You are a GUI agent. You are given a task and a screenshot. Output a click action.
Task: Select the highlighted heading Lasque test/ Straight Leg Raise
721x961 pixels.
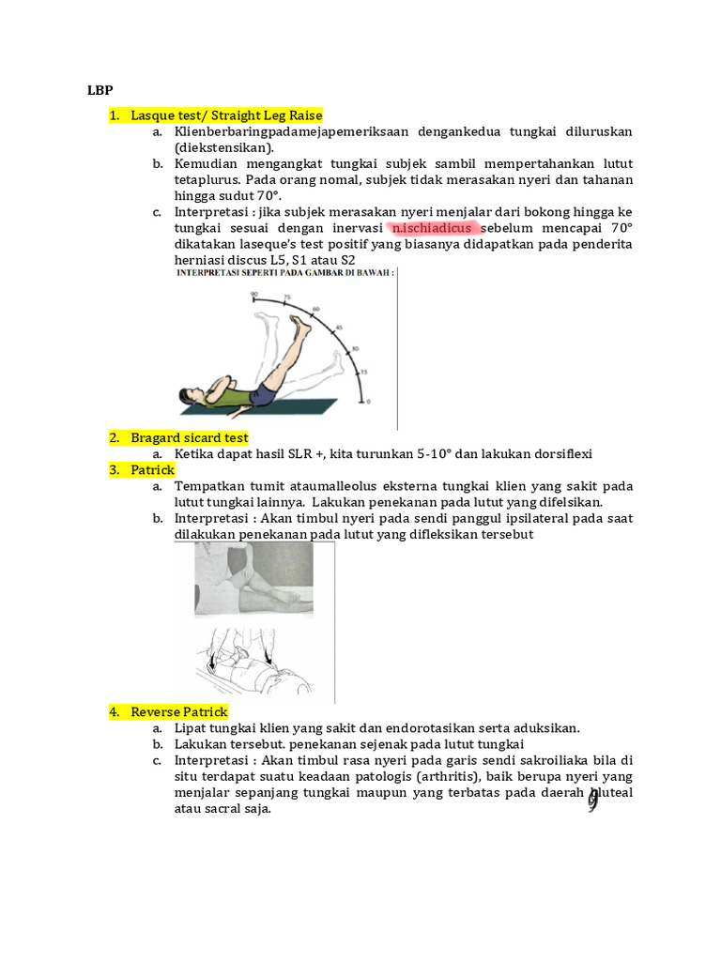click(x=226, y=115)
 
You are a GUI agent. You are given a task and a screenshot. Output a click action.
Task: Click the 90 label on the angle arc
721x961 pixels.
click(x=253, y=295)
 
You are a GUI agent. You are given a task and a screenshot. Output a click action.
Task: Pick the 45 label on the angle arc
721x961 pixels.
click(x=340, y=328)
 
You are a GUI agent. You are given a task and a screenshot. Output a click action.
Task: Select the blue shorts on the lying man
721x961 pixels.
click(x=264, y=395)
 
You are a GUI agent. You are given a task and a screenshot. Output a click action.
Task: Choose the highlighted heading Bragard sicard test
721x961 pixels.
click(x=190, y=437)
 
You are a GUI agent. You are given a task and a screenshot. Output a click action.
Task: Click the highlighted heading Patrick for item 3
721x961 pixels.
click(x=152, y=469)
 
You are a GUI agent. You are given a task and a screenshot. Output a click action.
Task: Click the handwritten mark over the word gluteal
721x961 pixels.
click(x=592, y=800)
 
